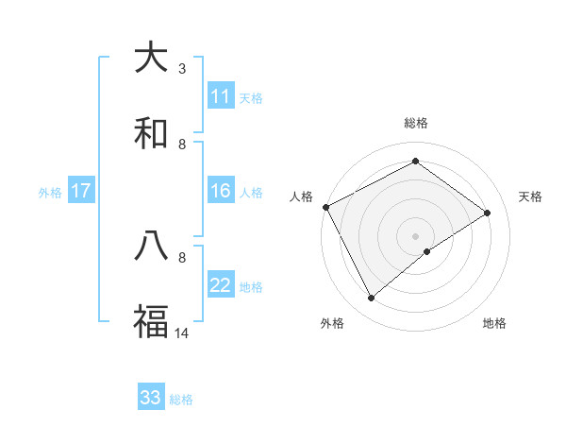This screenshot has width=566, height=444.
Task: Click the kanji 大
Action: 151,58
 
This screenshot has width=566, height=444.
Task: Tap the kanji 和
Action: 151,133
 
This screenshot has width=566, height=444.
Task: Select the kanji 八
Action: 151,247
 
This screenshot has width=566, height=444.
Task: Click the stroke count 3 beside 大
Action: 182,68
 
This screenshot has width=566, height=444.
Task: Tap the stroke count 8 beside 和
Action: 182,144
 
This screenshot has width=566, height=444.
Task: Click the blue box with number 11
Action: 221,96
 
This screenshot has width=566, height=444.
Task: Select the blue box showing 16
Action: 221,192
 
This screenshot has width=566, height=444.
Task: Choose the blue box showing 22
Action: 221,286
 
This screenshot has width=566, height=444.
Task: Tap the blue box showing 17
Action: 81,192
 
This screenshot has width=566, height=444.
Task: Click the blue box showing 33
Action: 151,398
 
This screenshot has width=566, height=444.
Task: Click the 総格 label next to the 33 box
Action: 181,400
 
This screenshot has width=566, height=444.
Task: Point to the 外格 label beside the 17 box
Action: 50,193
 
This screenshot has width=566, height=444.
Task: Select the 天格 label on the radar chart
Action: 531,196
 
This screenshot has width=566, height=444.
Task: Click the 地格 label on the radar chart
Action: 494,323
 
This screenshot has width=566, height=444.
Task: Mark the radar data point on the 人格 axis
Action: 325,207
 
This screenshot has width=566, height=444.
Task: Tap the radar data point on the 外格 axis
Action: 372,299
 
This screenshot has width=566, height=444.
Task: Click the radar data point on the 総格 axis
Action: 415,162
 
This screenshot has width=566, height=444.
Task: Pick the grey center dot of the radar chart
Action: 415,235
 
